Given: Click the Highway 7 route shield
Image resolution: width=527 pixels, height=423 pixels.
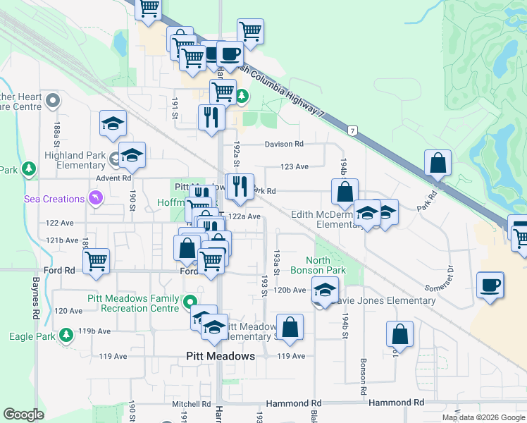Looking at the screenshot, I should click(x=352, y=130).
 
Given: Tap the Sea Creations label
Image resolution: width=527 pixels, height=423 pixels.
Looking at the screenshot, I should click(x=54, y=200).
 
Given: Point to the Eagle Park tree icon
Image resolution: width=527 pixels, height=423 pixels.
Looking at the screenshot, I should click(x=66, y=334).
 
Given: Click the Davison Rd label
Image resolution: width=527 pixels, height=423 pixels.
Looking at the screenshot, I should click(x=284, y=144).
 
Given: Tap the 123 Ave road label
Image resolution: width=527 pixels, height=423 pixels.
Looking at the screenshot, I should click(x=295, y=167).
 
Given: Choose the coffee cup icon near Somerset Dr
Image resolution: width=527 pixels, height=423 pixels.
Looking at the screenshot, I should click(x=490, y=285).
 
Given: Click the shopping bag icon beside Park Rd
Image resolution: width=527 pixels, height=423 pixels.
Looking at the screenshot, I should click(x=438, y=164).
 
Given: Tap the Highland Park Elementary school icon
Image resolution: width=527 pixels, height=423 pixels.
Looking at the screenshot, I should click(x=131, y=156).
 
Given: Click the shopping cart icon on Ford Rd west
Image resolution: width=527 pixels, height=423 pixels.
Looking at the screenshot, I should click(x=96, y=261).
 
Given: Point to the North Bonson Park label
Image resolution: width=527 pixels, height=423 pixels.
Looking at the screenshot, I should click(x=328, y=265).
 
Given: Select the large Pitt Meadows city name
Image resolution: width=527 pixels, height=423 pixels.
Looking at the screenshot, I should click(x=220, y=356).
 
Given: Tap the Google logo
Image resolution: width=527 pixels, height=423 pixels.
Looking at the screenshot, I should click(x=23, y=415).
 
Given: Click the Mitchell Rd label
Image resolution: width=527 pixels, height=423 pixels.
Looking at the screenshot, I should click(x=192, y=404).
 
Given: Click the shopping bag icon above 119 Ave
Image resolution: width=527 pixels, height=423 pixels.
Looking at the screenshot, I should click(x=289, y=327).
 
